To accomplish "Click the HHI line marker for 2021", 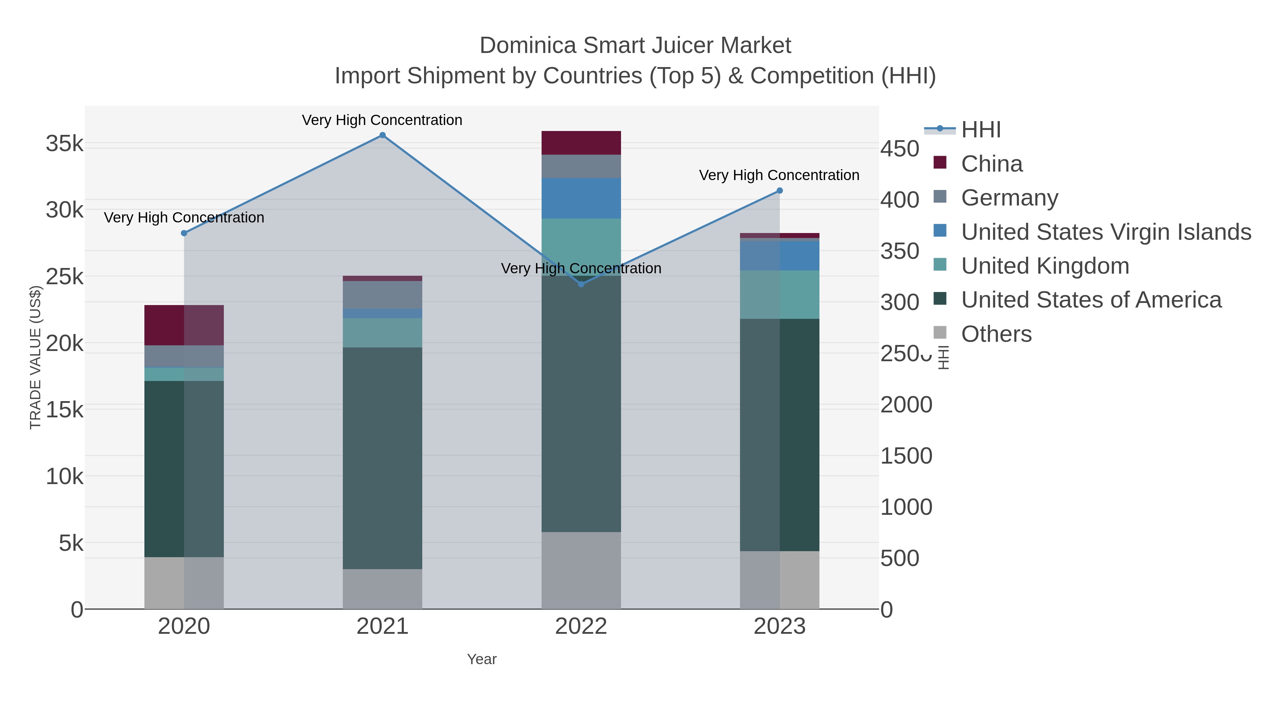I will (382, 135).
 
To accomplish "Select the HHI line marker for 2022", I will (581, 284).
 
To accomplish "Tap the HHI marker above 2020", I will (184, 233).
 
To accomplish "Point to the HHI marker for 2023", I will (780, 190).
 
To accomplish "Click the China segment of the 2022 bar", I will (581, 143).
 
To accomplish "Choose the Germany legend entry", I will (1009, 198).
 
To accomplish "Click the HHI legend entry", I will (980, 130).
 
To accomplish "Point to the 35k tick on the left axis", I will (64, 144).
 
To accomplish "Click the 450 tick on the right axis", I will (900, 149).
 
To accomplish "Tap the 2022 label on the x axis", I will (581, 627).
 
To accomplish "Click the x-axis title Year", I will (482, 659).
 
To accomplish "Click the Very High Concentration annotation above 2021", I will (382, 120).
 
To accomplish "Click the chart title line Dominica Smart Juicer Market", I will (635, 46).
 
